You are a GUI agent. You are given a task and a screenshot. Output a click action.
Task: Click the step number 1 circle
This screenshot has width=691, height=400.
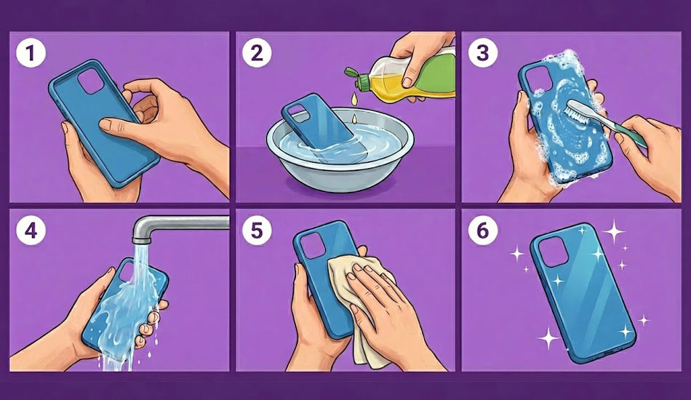(x=31, y=53)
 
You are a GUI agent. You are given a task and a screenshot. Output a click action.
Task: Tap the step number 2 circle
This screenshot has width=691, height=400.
(x=257, y=53)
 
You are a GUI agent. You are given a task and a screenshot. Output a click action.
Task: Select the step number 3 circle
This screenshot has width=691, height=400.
(x=483, y=53)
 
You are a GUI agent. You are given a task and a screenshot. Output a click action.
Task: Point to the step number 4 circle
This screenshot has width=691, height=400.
(x=31, y=231)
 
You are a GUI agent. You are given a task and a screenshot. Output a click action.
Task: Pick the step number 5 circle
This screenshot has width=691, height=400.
(x=257, y=231)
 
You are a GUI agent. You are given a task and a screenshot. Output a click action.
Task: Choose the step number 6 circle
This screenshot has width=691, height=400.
(x=483, y=231)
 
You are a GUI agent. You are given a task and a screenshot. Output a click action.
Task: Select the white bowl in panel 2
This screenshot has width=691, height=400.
(x=340, y=150)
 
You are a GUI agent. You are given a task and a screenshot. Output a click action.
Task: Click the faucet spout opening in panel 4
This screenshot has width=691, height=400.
(x=140, y=241)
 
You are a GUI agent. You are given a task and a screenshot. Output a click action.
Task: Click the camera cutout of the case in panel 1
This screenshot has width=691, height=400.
(x=91, y=81)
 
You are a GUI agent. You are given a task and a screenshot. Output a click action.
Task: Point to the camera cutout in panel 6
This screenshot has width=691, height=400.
(x=553, y=252)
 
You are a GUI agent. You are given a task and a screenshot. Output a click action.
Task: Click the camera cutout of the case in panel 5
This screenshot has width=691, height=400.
(x=312, y=245)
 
